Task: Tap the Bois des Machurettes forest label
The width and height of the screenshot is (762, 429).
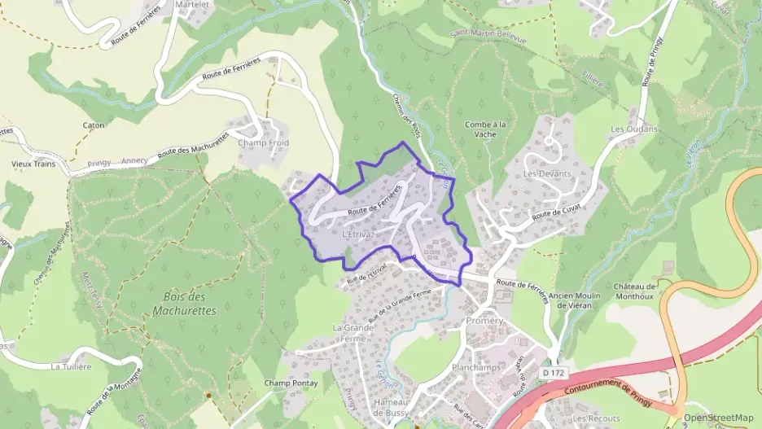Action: pyautogui.click(x=184, y=303)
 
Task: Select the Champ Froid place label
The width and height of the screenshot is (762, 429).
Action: pyautogui.click(x=263, y=142)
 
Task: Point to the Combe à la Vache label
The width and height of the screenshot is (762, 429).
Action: pyautogui.click(x=485, y=129)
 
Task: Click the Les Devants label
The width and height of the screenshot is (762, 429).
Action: pyautogui.click(x=547, y=173)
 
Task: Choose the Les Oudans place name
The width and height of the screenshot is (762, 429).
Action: pyautogui.click(x=634, y=129)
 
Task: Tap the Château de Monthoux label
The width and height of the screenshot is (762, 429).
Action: pyautogui.click(x=635, y=291)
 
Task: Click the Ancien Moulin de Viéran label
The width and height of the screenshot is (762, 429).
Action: pyautogui.click(x=569, y=300)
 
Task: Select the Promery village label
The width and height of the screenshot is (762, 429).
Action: pyautogui.click(x=485, y=321)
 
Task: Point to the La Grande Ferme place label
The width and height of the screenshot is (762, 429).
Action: pyautogui.click(x=353, y=332)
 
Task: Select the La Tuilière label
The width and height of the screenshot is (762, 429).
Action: pyautogui.click(x=71, y=366)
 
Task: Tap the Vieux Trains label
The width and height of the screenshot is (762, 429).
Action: pyautogui.click(x=33, y=164)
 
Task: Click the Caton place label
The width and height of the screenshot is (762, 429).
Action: pyautogui.click(x=94, y=125)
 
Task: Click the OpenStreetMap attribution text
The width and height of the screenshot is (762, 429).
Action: pyautogui.click(x=718, y=418)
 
